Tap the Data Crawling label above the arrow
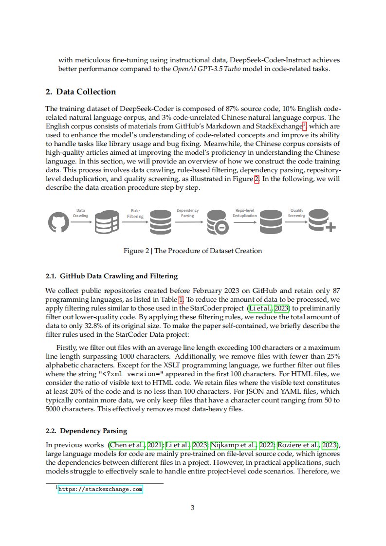click(x=81, y=213)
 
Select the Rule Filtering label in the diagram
click(x=135, y=214)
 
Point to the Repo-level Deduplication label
click(x=244, y=213)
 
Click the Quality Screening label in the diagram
click(x=297, y=213)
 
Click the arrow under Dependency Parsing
click(x=188, y=222)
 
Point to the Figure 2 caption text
click(x=193, y=251)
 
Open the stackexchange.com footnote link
click(x=100, y=489)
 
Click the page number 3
click(x=193, y=508)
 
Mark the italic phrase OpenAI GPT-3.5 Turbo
click(x=203, y=69)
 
